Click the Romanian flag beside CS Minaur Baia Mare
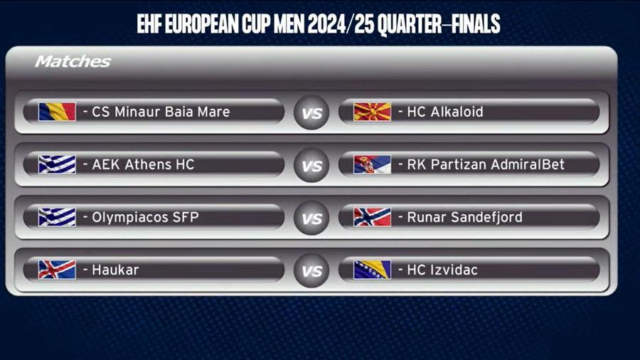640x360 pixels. pyautogui.click(x=57, y=112)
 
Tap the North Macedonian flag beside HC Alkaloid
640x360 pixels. pyautogui.click(x=372, y=112)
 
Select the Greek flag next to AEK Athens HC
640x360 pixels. pyautogui.click(x=57, y=164)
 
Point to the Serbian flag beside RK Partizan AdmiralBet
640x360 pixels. pyautogui.click(x=372, y=164)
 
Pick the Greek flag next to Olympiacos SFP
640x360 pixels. pyautogui.click(x=57, y=217)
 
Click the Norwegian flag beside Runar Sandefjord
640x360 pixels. pyautogui.click(x=372, y=217)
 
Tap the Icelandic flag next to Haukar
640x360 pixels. pyautogui.click(x=57, y=270)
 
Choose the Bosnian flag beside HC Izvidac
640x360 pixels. pyautogui.click(x=372, y=270)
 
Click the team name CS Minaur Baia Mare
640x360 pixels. pyautogui.click(x=161, y=112)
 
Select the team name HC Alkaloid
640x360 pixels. pyautogui.click(x=445, y=112)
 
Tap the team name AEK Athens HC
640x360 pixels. pyautogui.click(x=143, y=164)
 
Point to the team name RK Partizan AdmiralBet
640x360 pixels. pyautogui.click(x=486, y=164)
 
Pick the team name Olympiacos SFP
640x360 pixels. pyautogui.click(x=145, y=217)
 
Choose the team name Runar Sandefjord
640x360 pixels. pyautogui.click(x=464, y=217)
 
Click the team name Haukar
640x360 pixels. pyautogui.click(x=115, y=270)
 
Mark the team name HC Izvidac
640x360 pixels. pyautogui.click(x=442, y=270)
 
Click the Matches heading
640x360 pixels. pyautogui.click(x=73, y=62)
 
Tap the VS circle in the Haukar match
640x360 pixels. pyautogui.click(x=311, y=270)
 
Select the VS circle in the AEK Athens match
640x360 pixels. pyautogui.click(x=311, y=165)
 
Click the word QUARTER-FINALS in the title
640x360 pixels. pyautogui.click(x=439, y=24)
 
